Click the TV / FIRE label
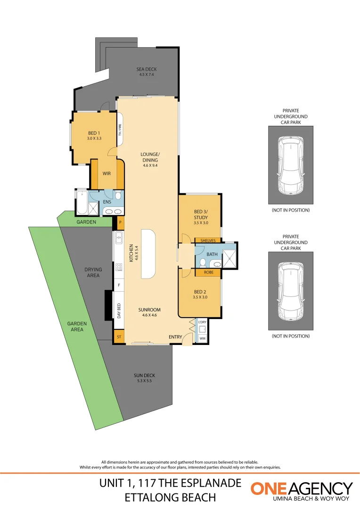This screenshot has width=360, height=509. pyautogui.click(x=120, y=130)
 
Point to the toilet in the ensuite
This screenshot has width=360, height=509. pyautogui.click(x=118, y=196)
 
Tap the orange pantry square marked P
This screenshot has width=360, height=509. pyautogui.click(x=120, y=222)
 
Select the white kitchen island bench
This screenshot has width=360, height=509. pyautogui.click(x=147, y=254)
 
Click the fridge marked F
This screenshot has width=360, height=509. pyautogui.click(x=119, y=285)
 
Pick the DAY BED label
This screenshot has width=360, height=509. pyautogui.click(x=119, y=312)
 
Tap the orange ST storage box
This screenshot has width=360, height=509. pyautogui.click(x=119, y=337)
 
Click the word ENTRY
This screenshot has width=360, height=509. pyautogui.click(x=175, y=337)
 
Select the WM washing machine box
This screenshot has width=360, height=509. pyautogui.click(x=202, y=338)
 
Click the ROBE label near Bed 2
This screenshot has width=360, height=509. pyautogui.click(x=208, y=272)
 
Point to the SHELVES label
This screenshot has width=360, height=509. pyautogui.click(x=208, y=240)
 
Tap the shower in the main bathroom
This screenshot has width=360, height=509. pyautogui.click(x=229, y=257)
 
